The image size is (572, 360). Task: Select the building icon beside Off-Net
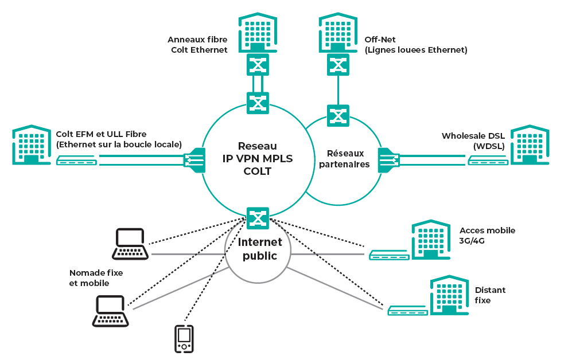pyautogui.click(x=338, y=33)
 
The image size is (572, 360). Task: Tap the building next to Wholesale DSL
pyautogui.click(x=530, y=144)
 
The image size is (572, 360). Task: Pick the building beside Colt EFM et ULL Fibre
pyautogui.click(x=32, y=144)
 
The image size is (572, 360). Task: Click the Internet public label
pyautogui.click(x=259, y=249)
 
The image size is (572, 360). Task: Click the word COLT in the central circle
pyautogui.click(x=257, y=170)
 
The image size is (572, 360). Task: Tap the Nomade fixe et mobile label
pyautogui.click(x=96, y=277)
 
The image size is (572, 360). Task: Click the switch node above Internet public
pyautogui.click(x=258, y=218)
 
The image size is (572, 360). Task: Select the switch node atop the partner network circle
pyautogui.click(x=338, y=115)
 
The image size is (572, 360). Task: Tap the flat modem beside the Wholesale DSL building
pyautogui.click(x=487, y=161)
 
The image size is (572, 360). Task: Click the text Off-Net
pyautogui.click(x=378, y=40)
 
